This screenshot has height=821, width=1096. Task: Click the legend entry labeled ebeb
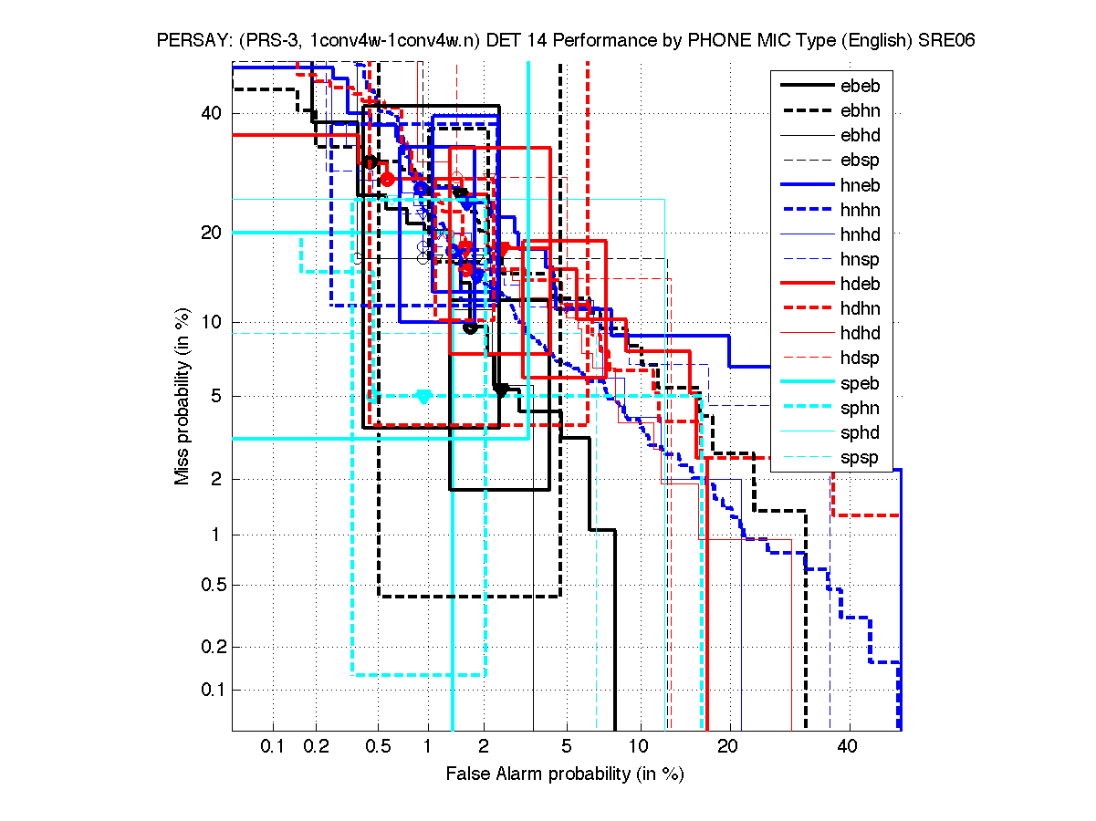859,87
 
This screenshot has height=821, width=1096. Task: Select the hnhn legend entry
859,210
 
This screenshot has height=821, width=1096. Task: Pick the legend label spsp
859,457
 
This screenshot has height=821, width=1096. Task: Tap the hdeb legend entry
859,285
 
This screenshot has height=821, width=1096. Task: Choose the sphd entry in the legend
859,432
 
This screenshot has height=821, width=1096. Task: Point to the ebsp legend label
859,161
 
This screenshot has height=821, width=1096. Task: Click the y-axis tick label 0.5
207,585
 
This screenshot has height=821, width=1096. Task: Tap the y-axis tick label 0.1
207,690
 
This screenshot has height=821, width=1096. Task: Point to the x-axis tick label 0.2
317,747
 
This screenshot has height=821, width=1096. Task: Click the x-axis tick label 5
567,747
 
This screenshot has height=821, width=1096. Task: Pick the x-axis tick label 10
641,747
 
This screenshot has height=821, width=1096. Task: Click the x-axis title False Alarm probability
565,774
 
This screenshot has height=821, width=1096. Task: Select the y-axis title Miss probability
183,396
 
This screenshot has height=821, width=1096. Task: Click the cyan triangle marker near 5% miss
423,396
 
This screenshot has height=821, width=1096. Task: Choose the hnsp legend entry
859,259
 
